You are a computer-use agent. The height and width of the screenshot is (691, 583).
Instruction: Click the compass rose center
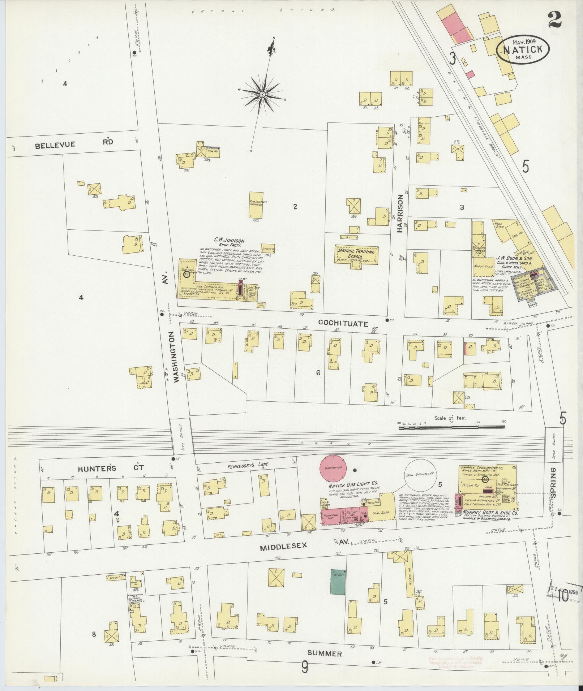pos(262,95)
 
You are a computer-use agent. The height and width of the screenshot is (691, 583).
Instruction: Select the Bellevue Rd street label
pos(74,144)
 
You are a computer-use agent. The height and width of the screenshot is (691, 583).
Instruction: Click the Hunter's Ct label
pos(102,468)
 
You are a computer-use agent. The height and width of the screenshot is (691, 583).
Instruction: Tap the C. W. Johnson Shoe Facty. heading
pos(229,242)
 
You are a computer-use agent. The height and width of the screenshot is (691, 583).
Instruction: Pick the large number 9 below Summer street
pos(305,668)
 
